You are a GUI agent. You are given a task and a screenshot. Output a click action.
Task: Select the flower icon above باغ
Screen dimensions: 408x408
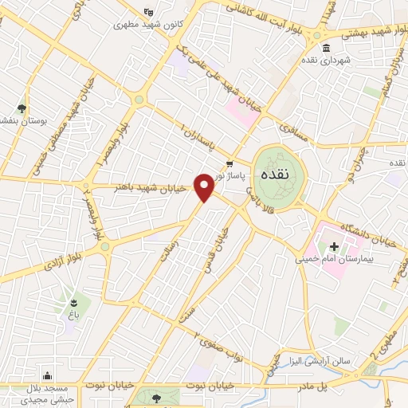click(74, 302)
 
